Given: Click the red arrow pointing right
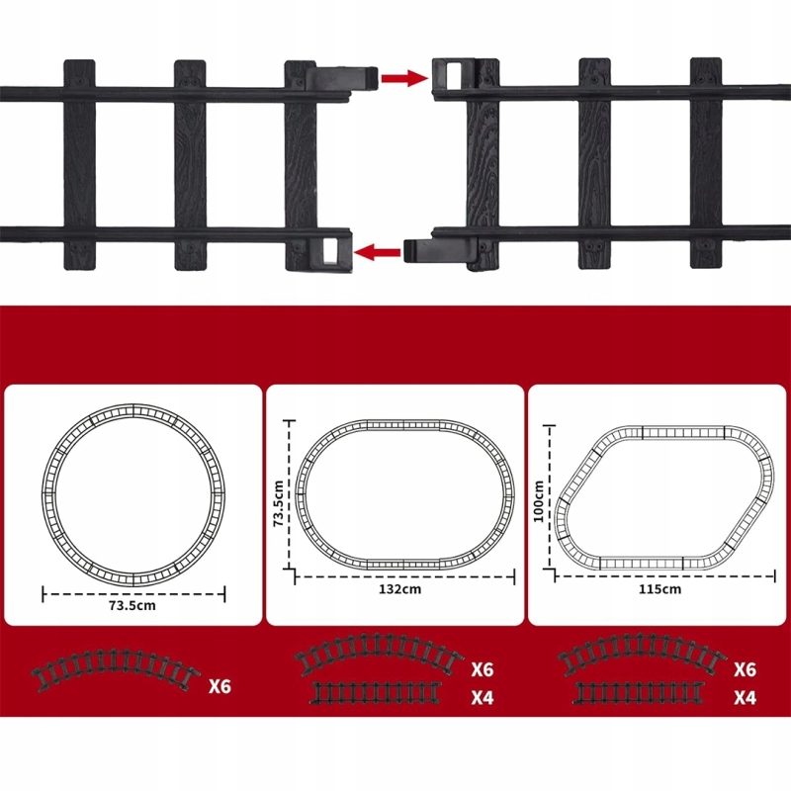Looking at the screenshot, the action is point(404,78).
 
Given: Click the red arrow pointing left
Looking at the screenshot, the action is point(378,251).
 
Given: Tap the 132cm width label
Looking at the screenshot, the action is point(400,588).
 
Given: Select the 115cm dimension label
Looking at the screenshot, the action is point(660,588).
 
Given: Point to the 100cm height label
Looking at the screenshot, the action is point(538,501).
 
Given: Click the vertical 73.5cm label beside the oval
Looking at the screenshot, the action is point(278,503).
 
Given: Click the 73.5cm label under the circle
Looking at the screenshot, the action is point(132,605).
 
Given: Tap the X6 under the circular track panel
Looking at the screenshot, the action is point(220,686).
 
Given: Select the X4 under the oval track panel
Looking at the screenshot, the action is point(483,698).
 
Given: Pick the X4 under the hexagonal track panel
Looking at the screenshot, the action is point(746,698).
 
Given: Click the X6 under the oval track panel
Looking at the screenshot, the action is point(483,669).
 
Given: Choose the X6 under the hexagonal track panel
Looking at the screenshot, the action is point(746,669).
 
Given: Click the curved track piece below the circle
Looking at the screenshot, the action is point(116,661).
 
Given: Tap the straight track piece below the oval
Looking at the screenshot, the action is point(377,693).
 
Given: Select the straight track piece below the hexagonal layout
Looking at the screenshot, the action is point(640,693).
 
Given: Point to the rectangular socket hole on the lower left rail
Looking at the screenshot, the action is point(330,250).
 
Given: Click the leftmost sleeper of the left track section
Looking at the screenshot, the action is point(79,164).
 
